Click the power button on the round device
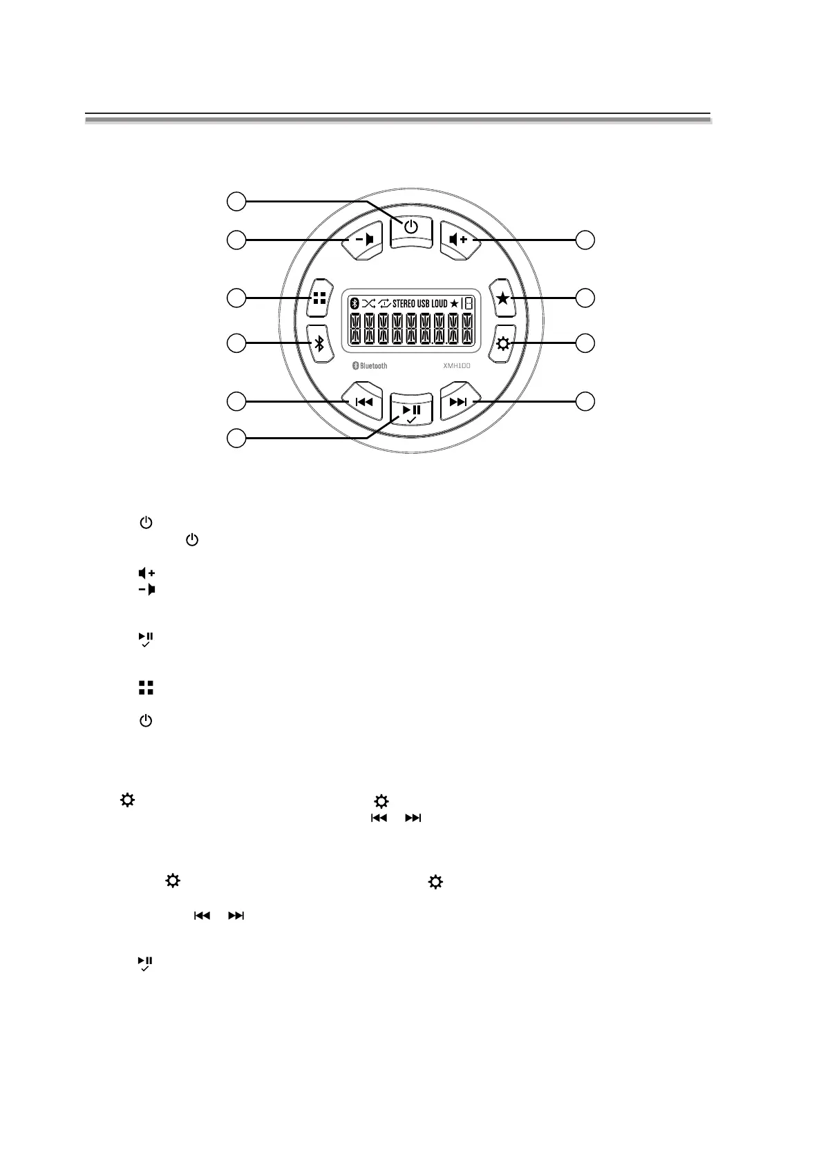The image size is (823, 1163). [x=411, y=227]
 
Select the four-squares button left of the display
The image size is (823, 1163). [x=319, y=298]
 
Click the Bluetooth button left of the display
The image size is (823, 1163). [x=319, y=343]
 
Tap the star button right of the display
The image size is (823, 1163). [x=503, y=298]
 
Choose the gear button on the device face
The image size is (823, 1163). [x=503, y=343]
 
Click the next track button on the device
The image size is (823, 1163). [x=458, y=402]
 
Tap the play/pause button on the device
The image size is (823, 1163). [x=411, y=412]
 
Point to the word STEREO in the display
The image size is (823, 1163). [x=404, y=303]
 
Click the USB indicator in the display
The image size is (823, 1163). [x=424, y=303]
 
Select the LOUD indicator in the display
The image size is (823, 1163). [x=439, y=303]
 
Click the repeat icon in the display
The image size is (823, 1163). [x=384, y=303]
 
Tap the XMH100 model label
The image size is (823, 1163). [x=457, y=366]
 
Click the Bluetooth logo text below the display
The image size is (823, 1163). [x=370, y=365]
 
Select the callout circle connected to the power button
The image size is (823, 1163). [x=236, y=202]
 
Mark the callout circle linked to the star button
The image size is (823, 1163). [x=585, y=298]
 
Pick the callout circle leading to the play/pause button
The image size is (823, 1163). [x=236, y=437]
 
